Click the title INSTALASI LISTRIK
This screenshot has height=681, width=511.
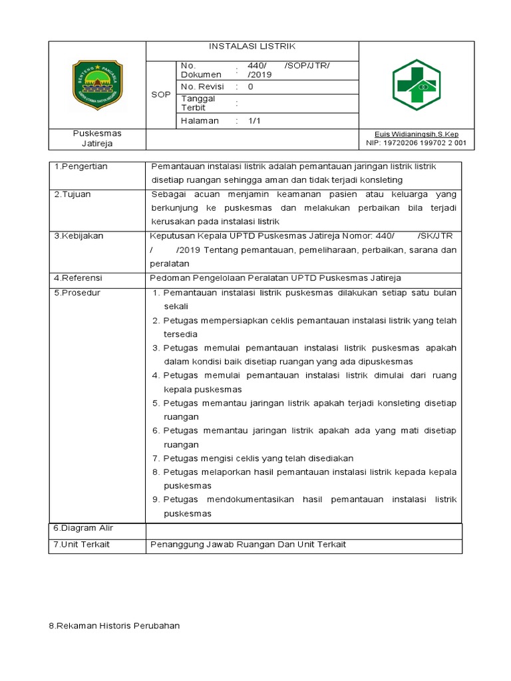252,47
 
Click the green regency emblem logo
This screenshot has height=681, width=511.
97,85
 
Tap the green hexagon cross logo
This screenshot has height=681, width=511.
417,85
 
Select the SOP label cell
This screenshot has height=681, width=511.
160,95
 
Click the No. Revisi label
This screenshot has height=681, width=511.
202,87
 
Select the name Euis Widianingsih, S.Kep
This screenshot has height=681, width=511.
416,134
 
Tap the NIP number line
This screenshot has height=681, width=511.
416,143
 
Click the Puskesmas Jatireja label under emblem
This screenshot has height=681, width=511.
97,138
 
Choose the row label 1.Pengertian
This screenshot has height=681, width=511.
81,166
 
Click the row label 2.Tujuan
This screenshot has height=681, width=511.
73,194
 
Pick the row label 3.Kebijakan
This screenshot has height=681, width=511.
79,236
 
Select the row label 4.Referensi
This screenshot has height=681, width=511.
79,278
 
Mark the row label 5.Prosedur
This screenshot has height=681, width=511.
77,293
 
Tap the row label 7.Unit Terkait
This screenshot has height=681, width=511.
82,544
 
